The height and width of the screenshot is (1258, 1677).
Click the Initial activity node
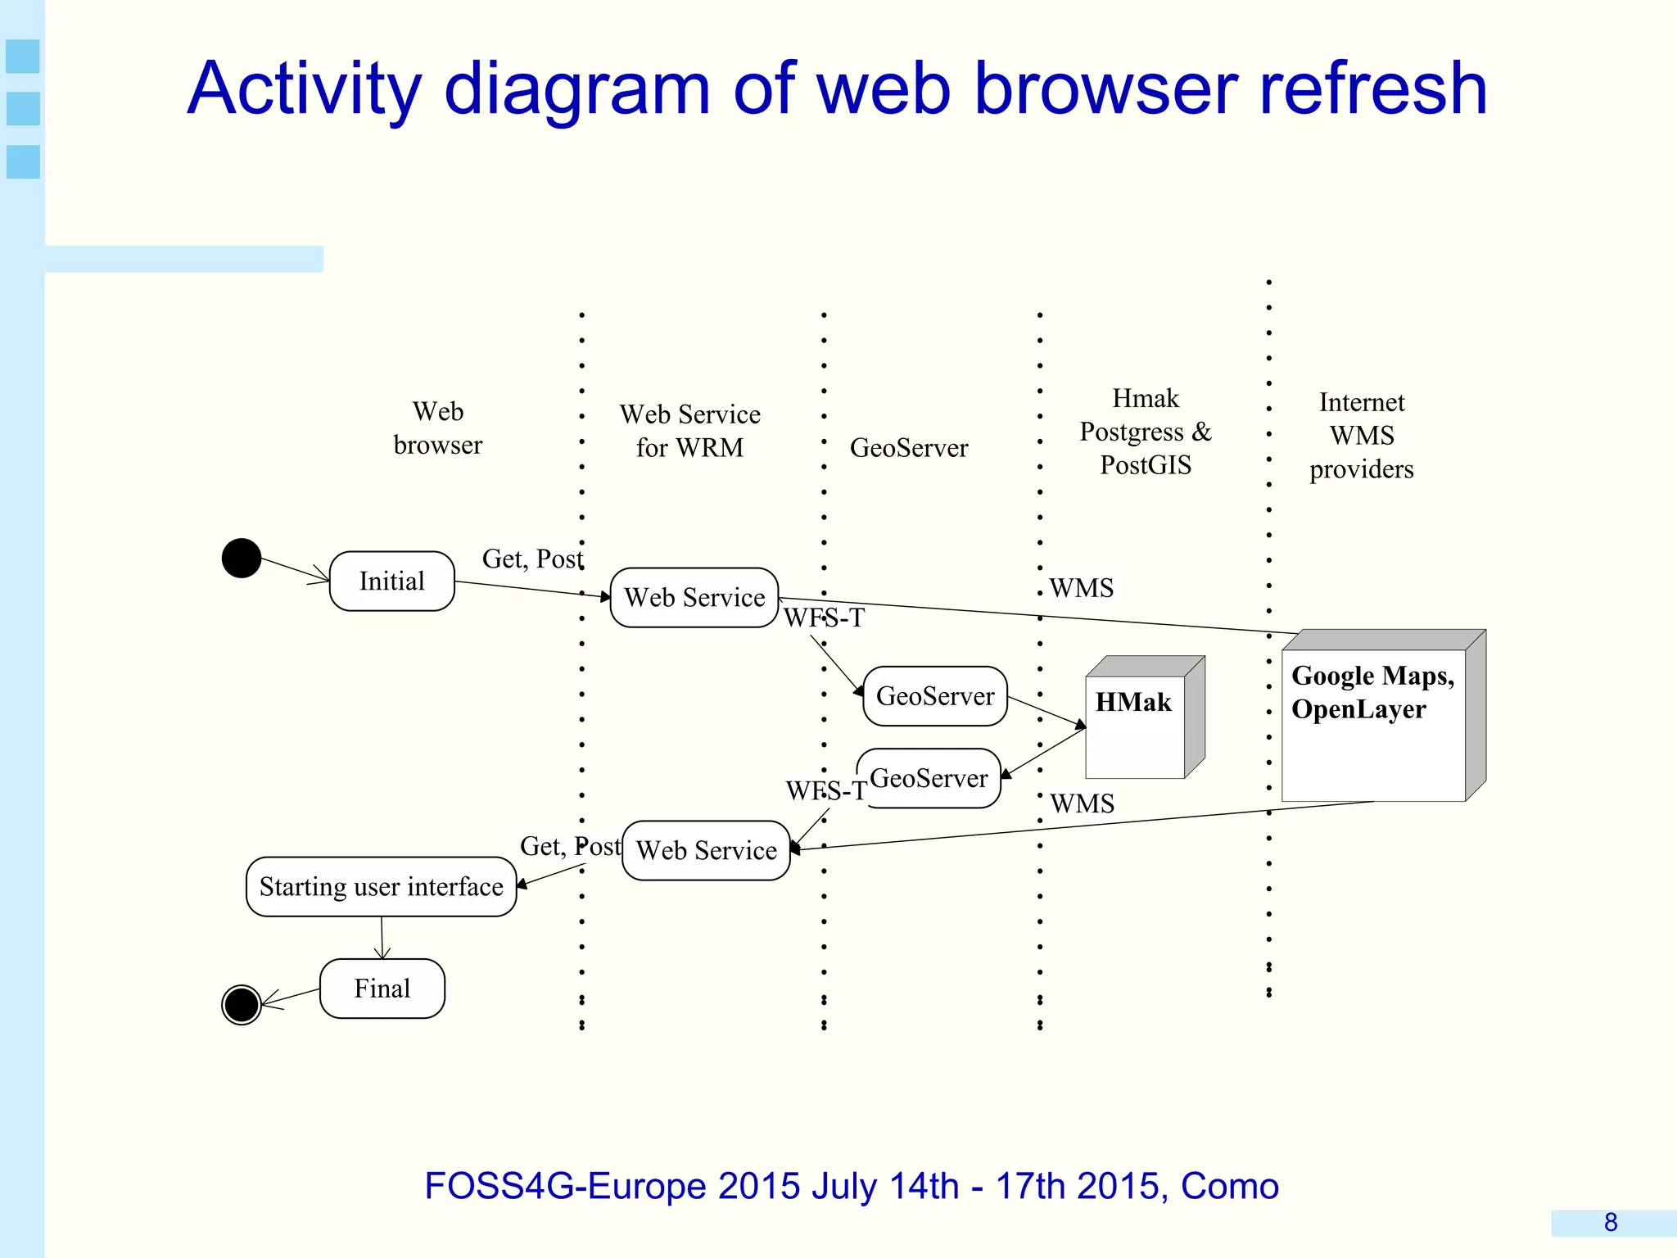click(x=391, y=581)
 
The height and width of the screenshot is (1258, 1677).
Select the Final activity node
click(x=382, y=989)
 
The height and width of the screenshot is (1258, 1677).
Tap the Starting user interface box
click(x=381, y=887)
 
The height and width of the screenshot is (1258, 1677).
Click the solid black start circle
click(x=242, y=559)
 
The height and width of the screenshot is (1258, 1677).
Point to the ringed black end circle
click(x=242, y=1005)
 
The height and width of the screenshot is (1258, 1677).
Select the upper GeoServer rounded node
click(x=935, y=696)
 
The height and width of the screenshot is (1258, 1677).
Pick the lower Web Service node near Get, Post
click(x=706, y=851)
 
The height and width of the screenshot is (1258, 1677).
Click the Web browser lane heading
click(x=438, y=428)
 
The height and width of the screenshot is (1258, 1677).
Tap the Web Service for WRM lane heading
click(x=689, y=431)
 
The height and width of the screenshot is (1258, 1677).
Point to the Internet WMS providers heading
click(x=1361, y=436)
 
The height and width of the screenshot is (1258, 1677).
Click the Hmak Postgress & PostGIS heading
click(x=1145, y=432)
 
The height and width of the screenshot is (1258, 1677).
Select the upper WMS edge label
click(x=1081, y=588)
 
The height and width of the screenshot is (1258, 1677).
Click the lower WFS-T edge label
click(x=825, y=791)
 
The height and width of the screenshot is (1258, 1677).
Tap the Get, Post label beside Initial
click(x=532, y=559)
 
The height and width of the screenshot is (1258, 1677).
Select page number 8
click(x=1610, y=1223)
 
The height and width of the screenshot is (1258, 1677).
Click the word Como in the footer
click(x=1229, y=1187)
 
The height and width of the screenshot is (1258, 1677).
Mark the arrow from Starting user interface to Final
click(x=382, y=939)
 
